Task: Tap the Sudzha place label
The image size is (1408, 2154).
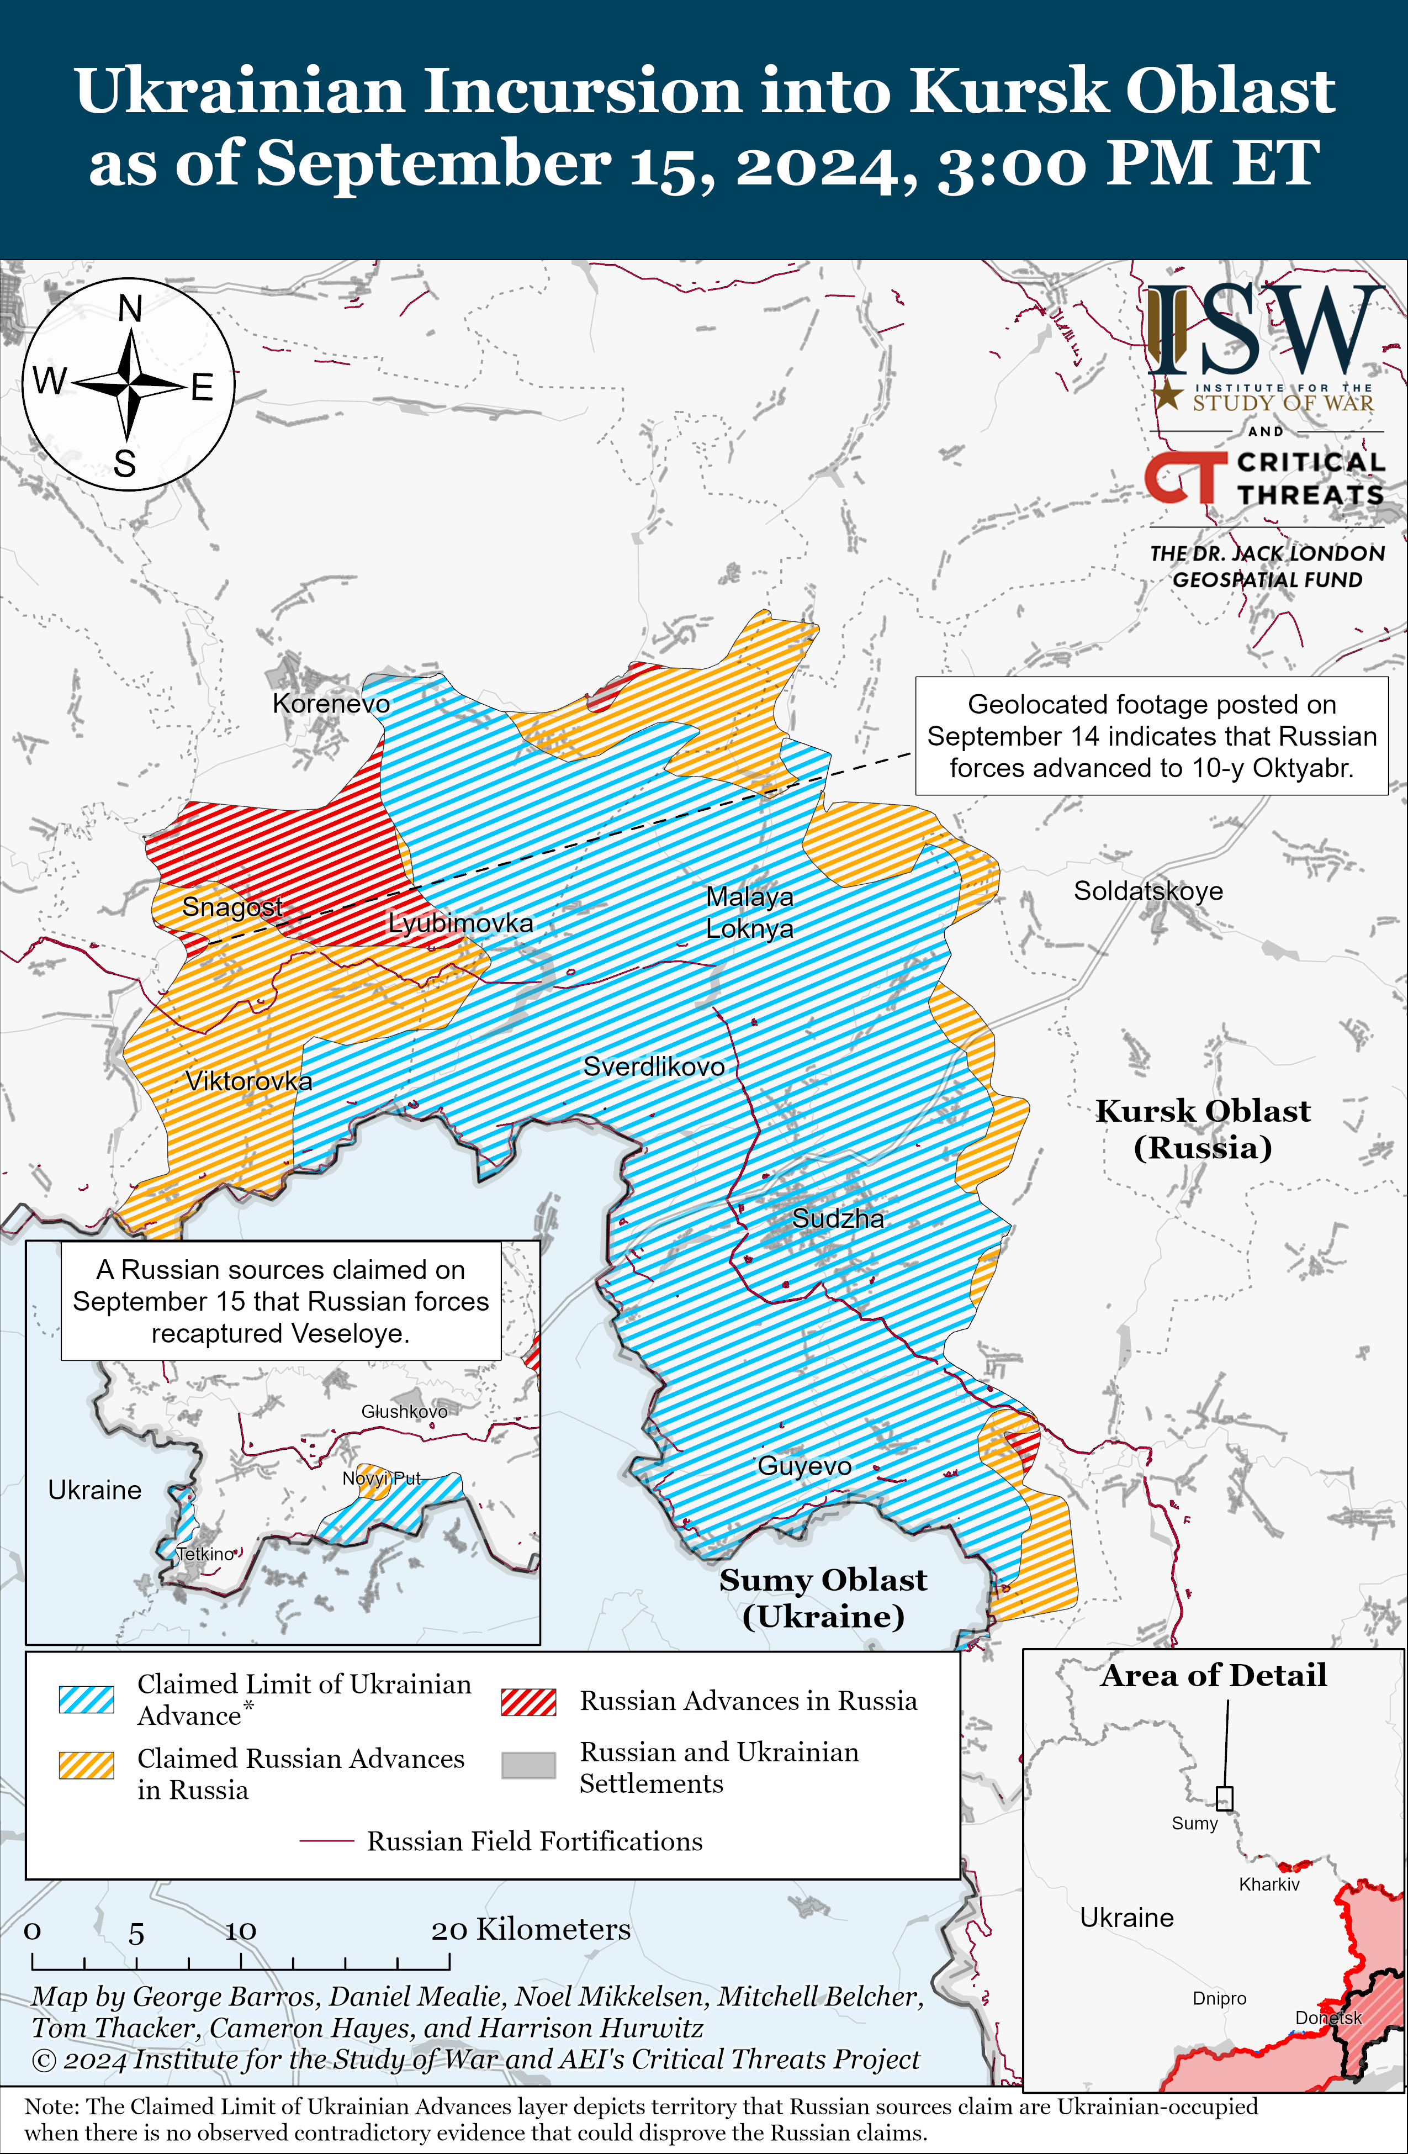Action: (x=838, y=1218)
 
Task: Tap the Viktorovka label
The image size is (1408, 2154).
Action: (x=249, y=1081)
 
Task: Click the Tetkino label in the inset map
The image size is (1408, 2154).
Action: (x=205, y=1554)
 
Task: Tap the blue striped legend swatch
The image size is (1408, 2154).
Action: (x=86, y=1699)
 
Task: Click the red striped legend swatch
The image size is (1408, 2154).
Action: (x=528, y=1702)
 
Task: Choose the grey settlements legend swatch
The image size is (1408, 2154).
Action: (x=528, y=1766)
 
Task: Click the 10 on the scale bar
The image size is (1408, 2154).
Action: (x=241, y=1931)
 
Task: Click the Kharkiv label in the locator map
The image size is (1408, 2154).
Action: (x=1269, y=1884)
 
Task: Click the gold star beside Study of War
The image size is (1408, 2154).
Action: (x=1168, y=394)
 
